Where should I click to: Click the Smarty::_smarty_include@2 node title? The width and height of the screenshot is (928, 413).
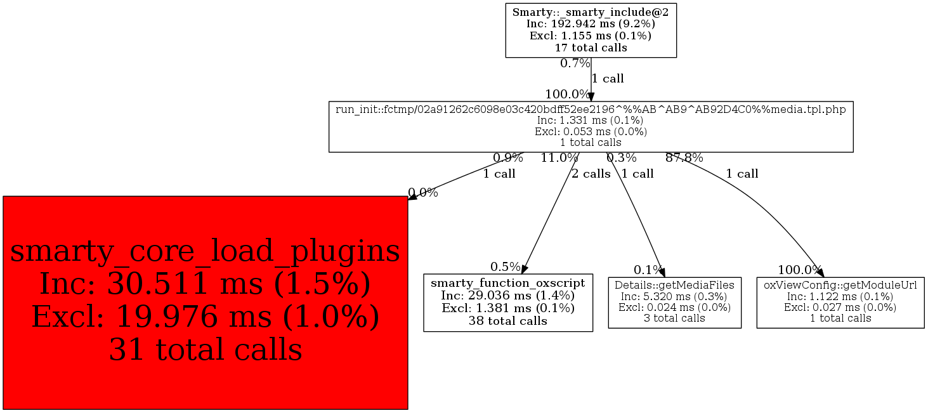point(591,12)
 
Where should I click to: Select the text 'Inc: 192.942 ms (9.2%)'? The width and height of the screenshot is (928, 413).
point(591,23)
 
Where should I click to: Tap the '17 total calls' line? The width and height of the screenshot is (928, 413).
point(591,48)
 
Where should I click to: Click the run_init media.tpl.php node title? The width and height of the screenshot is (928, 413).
point(591,109)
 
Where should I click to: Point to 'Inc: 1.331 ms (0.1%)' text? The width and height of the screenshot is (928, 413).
point(591,121)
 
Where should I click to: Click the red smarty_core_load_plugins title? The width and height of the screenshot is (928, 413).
point(205,251)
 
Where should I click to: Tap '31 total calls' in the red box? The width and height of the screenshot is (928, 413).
point(205,349)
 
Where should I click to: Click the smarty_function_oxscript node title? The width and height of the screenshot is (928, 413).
point(508,283)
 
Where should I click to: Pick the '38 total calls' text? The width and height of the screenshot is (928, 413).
point(508,320)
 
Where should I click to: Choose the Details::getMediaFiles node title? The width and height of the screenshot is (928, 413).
point(674,285)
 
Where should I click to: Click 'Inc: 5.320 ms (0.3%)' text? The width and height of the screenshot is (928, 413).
point(674,296)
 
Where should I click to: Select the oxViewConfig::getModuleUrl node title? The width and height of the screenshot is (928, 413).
point(840,285)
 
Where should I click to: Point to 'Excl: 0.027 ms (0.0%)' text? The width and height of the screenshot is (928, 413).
point(840,308)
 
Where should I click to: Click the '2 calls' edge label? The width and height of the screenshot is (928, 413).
point(591,174)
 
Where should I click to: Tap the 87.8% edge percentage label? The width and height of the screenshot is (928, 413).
point(684,158)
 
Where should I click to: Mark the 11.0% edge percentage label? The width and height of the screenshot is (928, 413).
point(559,158)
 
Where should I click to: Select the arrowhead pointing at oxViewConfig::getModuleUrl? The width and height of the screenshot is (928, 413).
point(820,272)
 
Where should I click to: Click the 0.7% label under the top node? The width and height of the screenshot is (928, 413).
point(575,63)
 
